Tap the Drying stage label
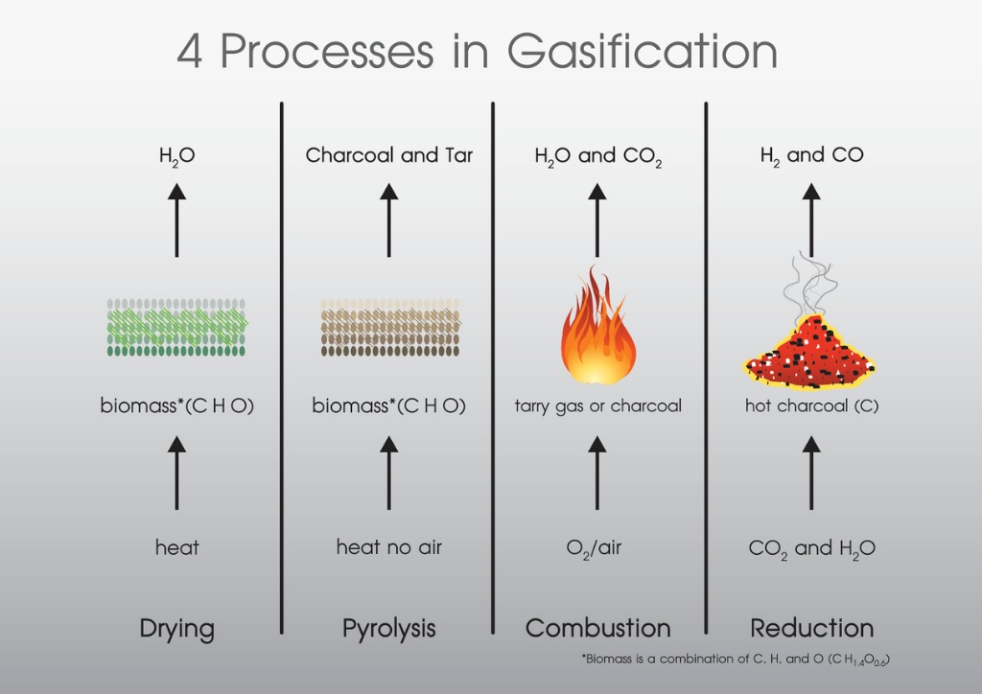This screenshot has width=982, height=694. (x=176, y=629)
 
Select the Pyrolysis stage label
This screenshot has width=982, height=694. (x=389, y=629)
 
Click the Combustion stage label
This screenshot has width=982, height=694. (x=598, y=628)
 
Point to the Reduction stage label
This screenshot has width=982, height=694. (x=811, y=628)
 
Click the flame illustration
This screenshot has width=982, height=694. (x=598, y=325)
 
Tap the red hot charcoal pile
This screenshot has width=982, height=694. (x=809, y=353)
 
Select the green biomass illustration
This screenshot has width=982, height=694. (x=177, y=327)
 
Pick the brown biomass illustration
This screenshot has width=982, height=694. (x=390, y=327)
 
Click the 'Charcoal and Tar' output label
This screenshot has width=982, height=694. (x=389, y=154)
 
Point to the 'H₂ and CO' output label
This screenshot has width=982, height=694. (x=811, y=156)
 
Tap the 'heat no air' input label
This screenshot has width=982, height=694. (x=389, y=547)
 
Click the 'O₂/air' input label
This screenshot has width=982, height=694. (x=594, y=548)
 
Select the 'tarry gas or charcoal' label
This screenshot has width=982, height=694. (x=598, y=406)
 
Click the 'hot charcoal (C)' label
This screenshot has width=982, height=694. (x=811, y=406)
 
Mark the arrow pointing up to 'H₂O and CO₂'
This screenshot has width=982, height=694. (x=596, y=220)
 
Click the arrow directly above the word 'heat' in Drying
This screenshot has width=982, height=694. (x=176, y=473)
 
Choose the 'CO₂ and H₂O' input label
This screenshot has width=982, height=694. (x=811, y=549)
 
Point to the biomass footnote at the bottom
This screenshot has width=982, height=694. (x=736, y=659)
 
